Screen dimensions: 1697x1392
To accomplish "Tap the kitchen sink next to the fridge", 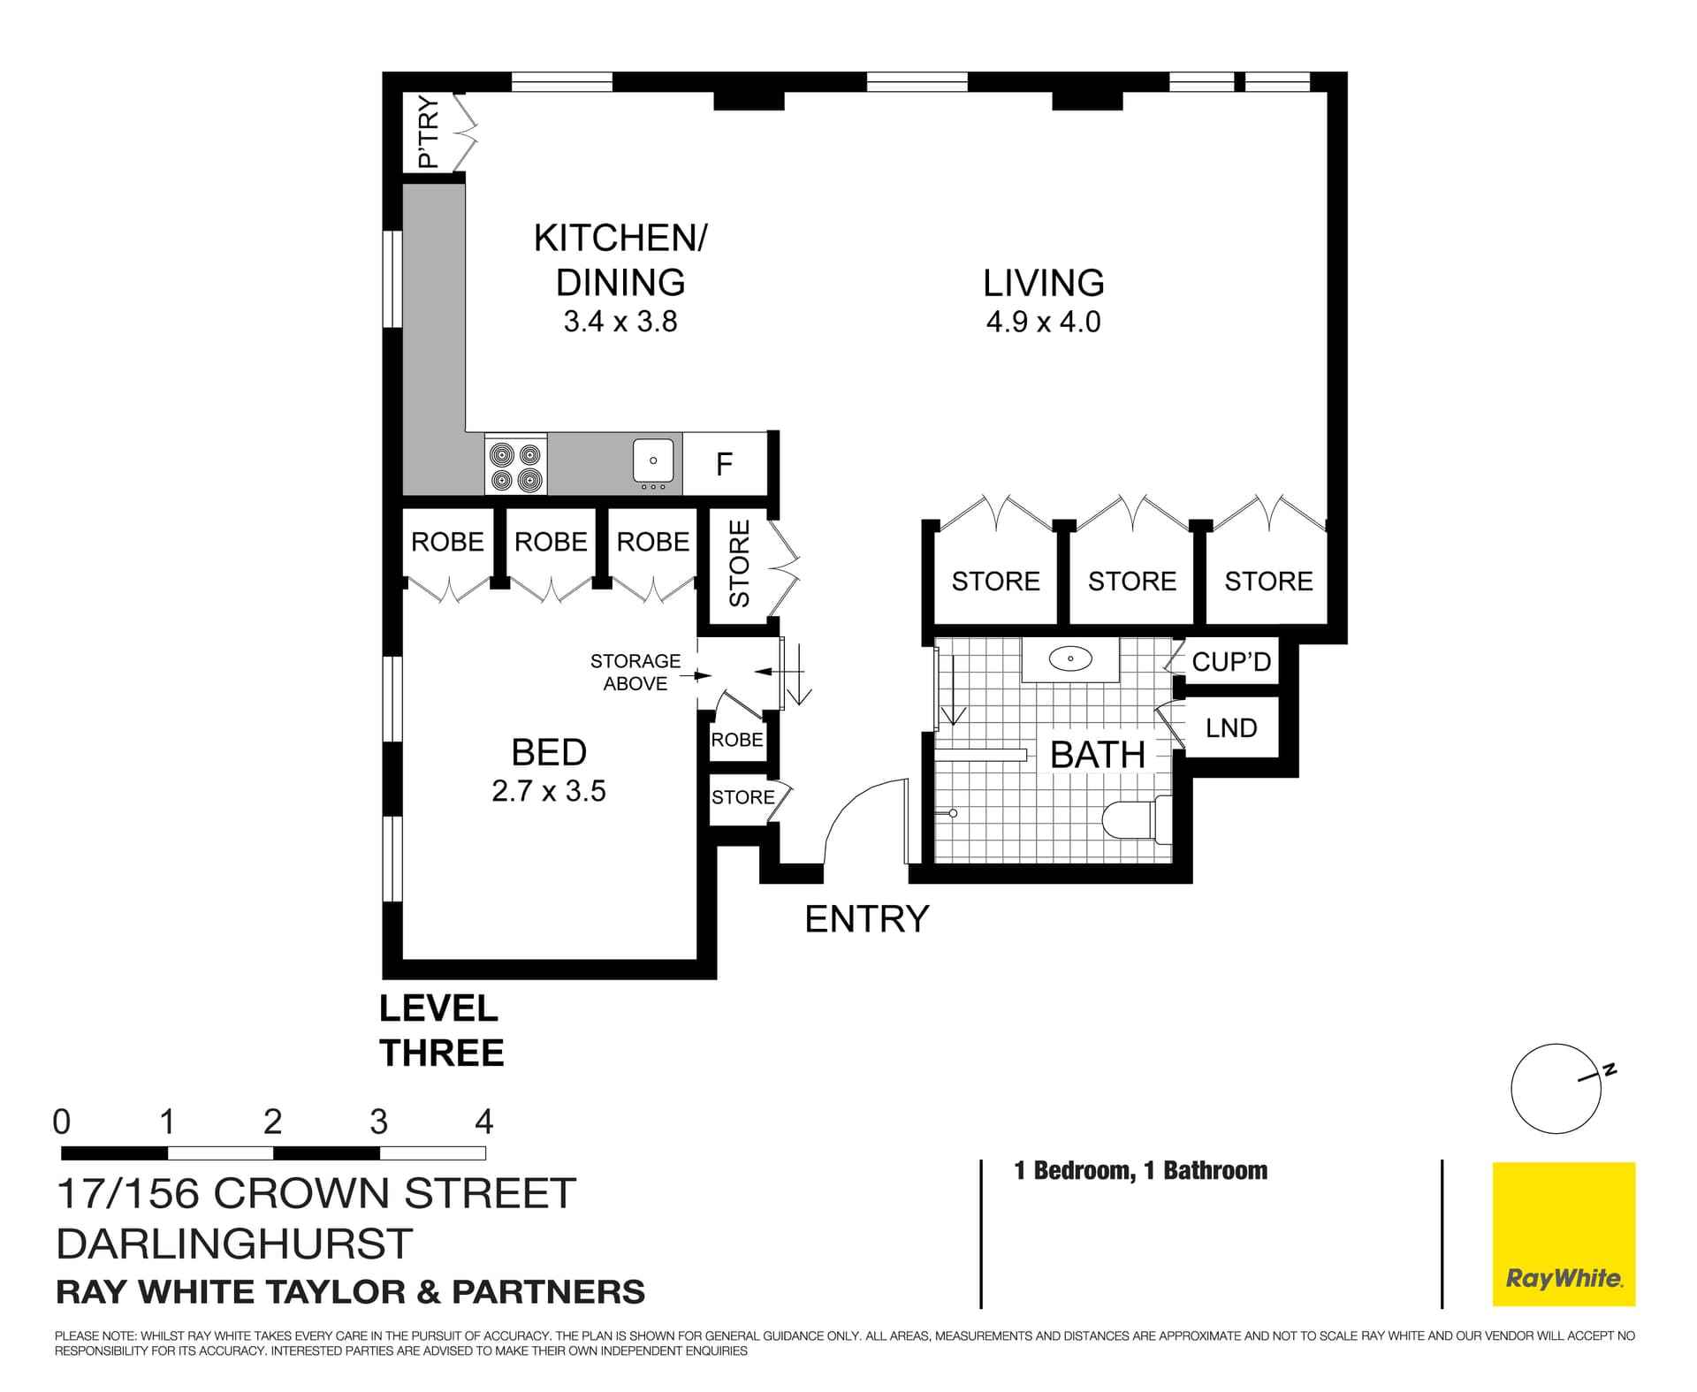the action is [653, 461].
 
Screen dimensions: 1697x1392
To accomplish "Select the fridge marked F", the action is [724, 464].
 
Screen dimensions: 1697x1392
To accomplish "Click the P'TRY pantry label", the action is [428, 132].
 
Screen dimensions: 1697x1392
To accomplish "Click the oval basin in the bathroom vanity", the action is [1069, 658].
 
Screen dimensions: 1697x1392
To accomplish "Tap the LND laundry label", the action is [1230, 728].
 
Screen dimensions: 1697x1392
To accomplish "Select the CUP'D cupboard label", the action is [1230, 662].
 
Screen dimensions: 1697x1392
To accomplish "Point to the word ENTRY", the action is [866, 919].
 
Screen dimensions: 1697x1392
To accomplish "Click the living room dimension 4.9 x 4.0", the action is [1043, 322].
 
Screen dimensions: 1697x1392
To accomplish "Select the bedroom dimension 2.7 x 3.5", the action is [548, 790].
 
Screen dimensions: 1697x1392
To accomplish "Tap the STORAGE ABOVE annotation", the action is [635, 673].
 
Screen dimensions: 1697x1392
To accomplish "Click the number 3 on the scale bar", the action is [378, 1122].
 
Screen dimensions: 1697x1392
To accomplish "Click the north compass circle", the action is [1556, 1089].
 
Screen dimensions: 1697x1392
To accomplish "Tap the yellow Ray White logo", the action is [1564, 1234].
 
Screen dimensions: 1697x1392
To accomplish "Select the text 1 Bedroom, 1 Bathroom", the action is [1140, 1171].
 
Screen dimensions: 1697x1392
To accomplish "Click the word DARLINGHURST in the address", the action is [234, 1244].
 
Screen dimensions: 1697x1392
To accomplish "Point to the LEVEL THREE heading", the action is [441, 1031].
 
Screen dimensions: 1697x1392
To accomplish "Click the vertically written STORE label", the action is [740, 564].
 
